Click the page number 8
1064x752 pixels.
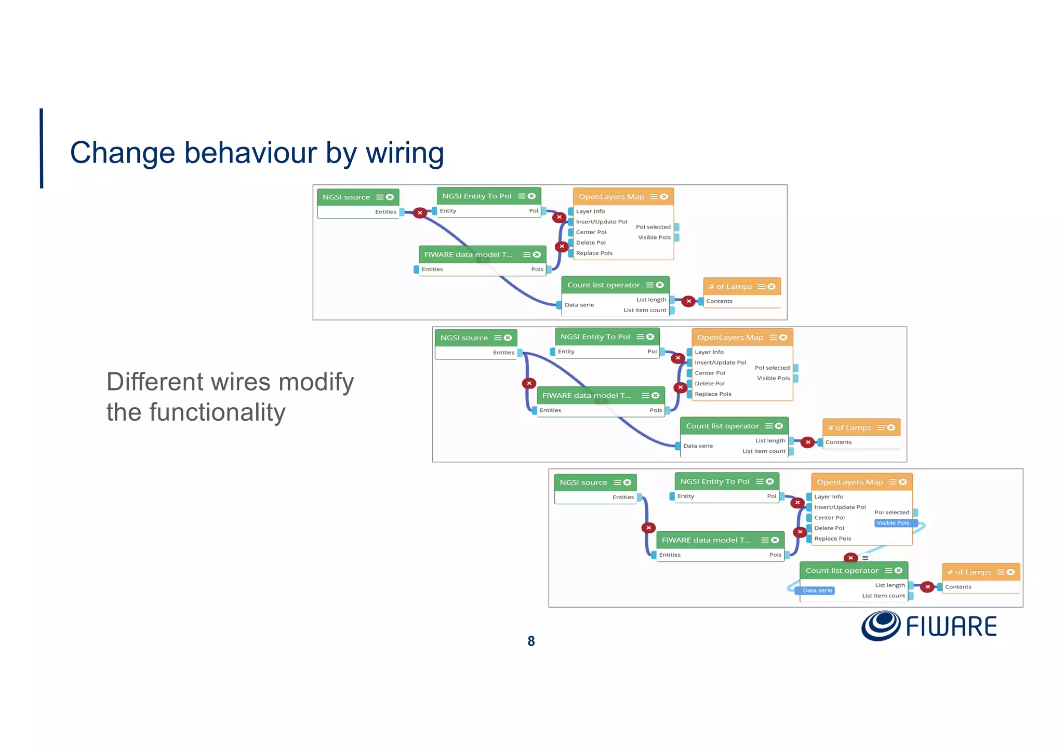pos(531,641)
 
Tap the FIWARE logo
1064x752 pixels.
pos(929,626)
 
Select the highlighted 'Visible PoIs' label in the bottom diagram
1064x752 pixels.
pos(893,523)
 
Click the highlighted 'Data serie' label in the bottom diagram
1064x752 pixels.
pos(817,590)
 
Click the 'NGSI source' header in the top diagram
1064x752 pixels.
pos(346,197)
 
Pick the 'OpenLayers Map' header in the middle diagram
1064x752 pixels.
pos(730,338)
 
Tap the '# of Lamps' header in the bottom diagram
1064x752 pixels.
pos(969,572)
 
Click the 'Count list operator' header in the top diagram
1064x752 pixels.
pos(603,285)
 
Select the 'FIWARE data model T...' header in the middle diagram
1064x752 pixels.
pos(587,396)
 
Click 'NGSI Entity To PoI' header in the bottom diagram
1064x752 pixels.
pos(714,481)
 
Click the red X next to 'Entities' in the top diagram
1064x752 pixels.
pos(420,213)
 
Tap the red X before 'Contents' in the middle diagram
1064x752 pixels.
pos(807,442)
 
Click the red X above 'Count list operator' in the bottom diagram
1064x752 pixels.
pos(850,558)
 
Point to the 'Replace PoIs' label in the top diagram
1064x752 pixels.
pos(594,253)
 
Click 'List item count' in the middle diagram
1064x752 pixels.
pos(764,451)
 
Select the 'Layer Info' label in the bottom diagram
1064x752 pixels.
pos(829,497)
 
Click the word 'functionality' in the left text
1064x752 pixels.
pos(217,412)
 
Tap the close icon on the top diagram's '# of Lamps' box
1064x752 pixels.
pos(772,287)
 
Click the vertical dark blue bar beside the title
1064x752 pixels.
pos(42,148)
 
